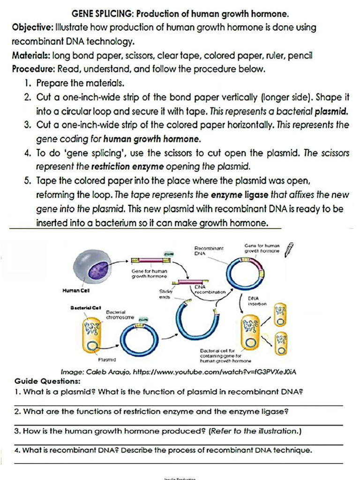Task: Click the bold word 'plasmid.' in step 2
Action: click(x=332, y=112)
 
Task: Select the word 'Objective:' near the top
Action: click(x=31, y=28)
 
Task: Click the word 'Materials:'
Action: click(x=31, y=56)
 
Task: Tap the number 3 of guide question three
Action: click(x=16, y=431)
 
